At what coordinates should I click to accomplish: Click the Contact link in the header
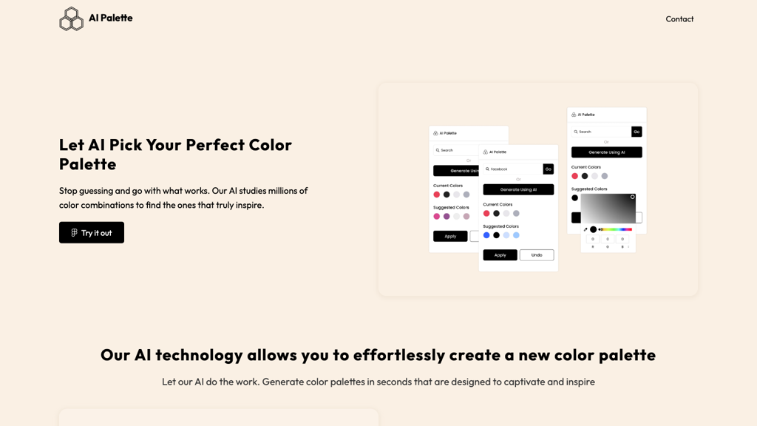(679, 19)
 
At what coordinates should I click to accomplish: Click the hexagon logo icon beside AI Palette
(71, 19)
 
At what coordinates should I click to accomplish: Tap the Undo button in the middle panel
(537, 255)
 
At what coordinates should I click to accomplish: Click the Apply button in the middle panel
(500, 255)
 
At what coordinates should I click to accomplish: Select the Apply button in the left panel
(450, 236)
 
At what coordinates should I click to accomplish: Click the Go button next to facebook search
(549, 169)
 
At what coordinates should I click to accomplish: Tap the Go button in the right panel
(637, 132)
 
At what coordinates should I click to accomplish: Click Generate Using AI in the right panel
(606, 152)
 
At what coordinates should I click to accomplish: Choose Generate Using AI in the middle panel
(518, 189)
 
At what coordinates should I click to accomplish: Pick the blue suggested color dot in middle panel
(486, 235)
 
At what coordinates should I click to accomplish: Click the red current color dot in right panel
(574, 176)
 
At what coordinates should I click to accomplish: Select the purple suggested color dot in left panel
(447, 217)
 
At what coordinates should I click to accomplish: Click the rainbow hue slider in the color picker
(617, 229)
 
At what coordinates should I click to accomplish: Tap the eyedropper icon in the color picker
(585, 229)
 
